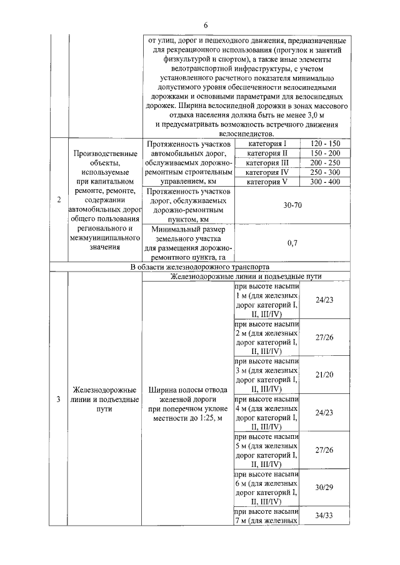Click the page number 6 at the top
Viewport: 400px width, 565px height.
point(204,24)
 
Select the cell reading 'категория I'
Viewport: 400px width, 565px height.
point(267,144)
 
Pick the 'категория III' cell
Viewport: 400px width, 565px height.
point(267,162)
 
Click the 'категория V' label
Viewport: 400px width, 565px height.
point(267,181)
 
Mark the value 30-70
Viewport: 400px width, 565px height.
point(292,205)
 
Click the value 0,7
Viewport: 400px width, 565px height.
point(292,243)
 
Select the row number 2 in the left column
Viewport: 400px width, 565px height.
point(59,200)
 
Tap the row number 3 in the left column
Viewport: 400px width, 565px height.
point(59,400)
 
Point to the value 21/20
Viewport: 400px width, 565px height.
point(324,374)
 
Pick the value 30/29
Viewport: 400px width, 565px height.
point(324,486)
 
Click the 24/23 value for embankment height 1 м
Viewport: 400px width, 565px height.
point(324,300)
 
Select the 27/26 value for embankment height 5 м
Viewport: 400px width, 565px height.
point(324,449)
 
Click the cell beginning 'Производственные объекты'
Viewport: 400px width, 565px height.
point(104,200)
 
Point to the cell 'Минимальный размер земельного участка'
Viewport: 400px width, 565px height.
point(186,243)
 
